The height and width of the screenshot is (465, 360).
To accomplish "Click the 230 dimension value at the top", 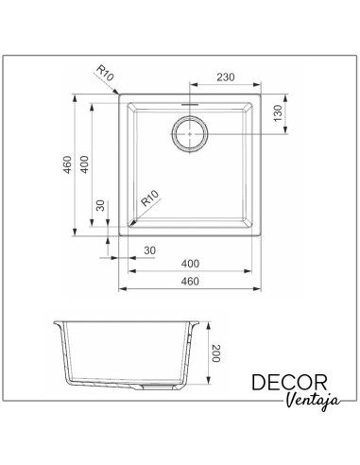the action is click(226, 77).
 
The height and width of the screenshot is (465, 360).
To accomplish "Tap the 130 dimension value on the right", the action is click(278, 113).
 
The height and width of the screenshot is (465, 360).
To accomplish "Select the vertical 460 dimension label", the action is click(68, 164).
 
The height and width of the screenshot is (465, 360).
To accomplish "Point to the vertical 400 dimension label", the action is click(84, 164).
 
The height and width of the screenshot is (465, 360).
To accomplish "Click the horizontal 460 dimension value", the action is click(190, 281).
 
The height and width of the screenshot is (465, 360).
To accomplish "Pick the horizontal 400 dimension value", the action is click(190, 264).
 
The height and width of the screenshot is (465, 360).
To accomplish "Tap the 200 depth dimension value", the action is click(216, 353).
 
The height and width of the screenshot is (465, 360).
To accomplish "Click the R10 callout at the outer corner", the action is click(105, 73).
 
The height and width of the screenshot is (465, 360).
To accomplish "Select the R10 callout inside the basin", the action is click(149, 198).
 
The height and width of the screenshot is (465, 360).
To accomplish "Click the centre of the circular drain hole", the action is click(190, 133).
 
